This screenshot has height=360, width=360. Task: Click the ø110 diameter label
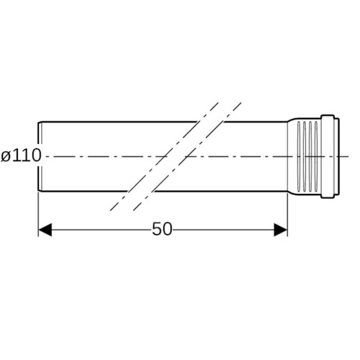click(21, 156)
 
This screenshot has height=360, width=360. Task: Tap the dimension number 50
click(162, 229)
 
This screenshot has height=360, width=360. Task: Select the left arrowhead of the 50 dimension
click(45, 230)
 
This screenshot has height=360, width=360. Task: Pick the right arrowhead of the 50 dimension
click(281, 230)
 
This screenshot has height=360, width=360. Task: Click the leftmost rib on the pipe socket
click(299, 156)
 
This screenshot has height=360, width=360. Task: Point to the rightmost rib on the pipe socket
click(316, 156)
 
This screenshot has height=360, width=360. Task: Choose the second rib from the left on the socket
click(305, 156)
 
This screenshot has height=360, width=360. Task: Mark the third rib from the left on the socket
click(310, 156)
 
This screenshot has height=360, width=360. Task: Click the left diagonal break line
click(164, 157)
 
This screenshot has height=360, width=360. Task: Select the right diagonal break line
click(187, 157)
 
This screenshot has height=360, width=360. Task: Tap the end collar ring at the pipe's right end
click(330, 156)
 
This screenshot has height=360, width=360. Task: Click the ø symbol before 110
click(6, 156)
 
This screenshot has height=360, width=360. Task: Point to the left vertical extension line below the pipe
click(38, 214)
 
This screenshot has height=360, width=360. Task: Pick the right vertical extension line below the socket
click(287, 214)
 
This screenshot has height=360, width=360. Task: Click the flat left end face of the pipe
click(39, 156)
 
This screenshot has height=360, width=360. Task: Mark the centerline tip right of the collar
click(348, 157)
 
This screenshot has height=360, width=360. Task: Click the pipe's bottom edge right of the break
click(221, 192)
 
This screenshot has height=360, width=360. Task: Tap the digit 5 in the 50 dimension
click(157, 229)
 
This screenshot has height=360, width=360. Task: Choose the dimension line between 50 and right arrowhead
click(223, 230)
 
